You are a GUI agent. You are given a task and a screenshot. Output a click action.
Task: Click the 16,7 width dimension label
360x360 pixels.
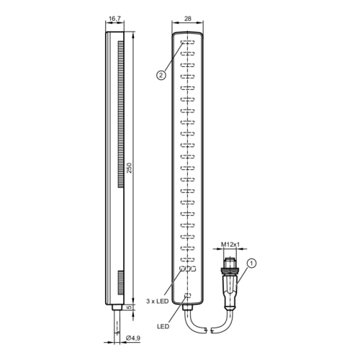[114, 19]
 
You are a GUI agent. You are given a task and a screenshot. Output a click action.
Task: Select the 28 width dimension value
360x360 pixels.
[188, 19]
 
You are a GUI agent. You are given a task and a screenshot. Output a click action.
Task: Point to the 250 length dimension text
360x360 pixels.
[130, 168]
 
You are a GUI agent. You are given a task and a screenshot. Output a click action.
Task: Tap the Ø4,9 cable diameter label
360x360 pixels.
[133, 338]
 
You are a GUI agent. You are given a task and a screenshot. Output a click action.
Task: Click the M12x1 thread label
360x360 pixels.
[230, 245]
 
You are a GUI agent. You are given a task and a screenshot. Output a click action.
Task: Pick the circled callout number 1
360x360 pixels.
[251, 264]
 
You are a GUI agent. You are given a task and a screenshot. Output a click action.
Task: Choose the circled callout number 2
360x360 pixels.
[161, 76]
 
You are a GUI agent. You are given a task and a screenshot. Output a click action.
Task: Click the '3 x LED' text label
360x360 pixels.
[158, 301]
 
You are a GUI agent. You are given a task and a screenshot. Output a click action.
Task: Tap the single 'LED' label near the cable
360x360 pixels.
[163, 326]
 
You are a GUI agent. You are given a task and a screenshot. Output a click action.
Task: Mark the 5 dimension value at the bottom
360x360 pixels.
[130, 307]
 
